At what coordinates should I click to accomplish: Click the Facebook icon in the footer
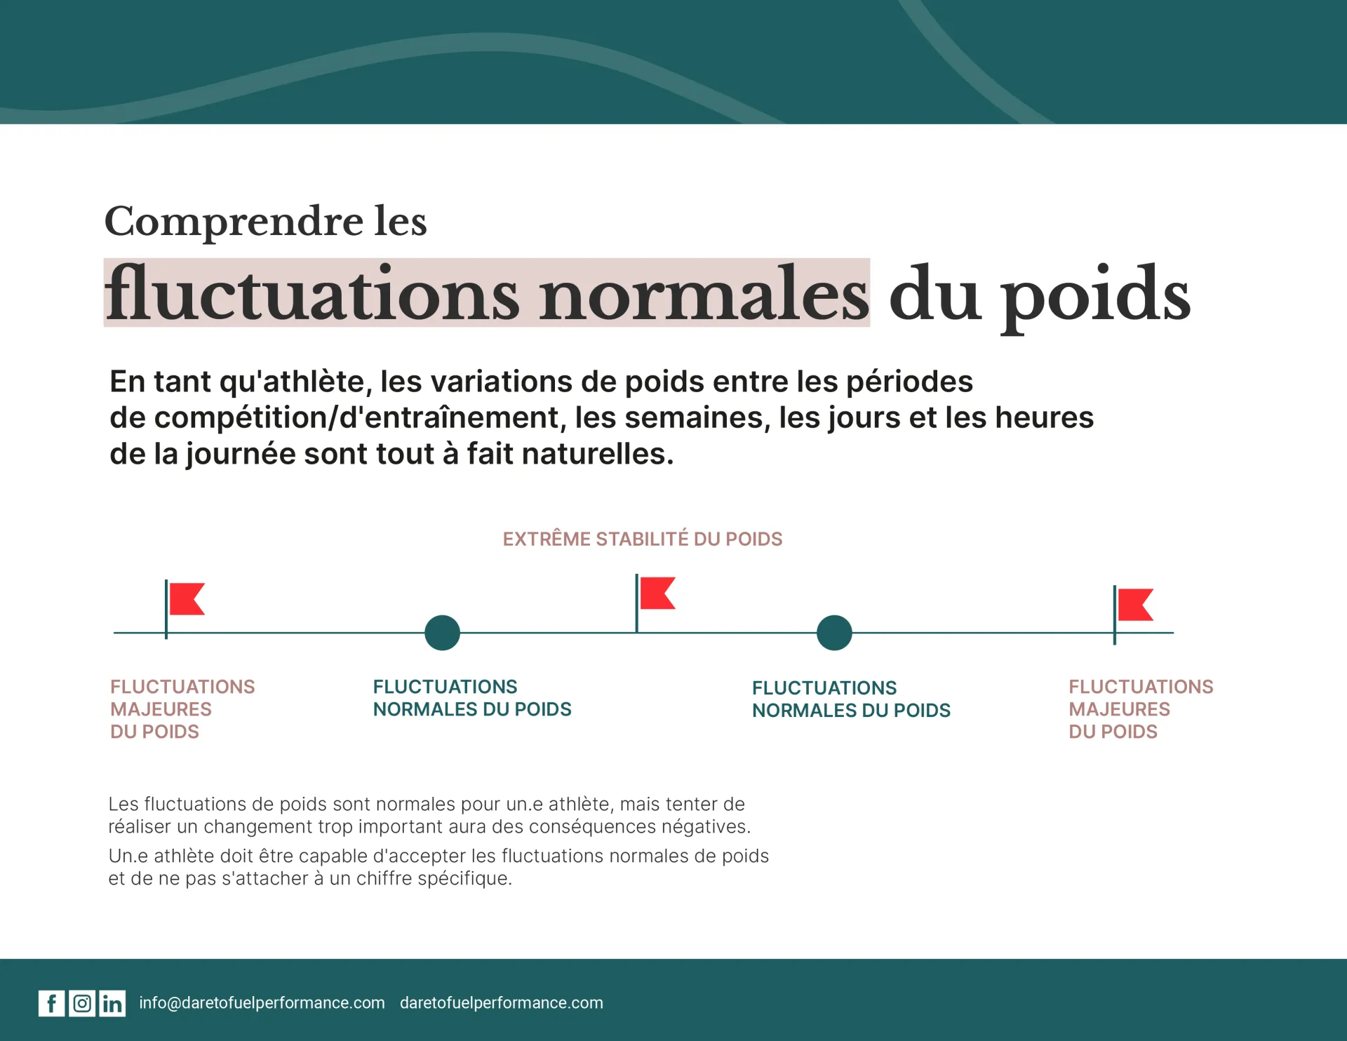[x=51, y=1004]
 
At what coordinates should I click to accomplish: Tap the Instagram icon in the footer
[x=82, y=1004]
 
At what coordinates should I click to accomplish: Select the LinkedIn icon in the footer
[x=112, y=1004]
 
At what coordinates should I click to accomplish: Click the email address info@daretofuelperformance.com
[x=262, y=1003]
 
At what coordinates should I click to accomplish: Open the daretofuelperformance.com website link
[x=502, y=1003]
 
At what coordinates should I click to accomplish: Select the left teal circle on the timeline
[x=442, y=633]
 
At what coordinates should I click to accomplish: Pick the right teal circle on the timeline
[x=834, y=633]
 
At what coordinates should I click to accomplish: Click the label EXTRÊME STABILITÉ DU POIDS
[x=643, y=539]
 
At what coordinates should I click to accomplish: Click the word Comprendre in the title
[x=234, y=222]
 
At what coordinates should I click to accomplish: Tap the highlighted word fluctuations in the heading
[x=313, y=294]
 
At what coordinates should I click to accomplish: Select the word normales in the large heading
[x=704, y=294]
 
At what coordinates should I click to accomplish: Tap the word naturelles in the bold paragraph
[x=598, y=453]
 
